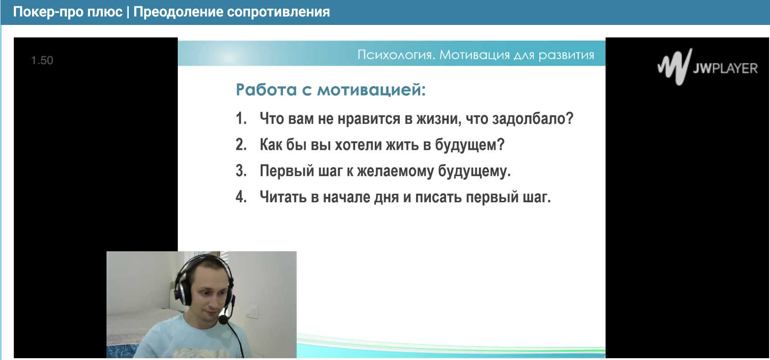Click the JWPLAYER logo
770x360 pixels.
click(708, 67)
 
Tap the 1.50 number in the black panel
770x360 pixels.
click(42, 61)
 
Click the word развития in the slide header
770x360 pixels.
click(566, 55)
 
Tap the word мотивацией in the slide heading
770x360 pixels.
click(371, 90)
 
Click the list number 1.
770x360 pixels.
click(241, 119)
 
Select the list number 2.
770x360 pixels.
click(241, 145)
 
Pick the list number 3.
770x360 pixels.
click(241, 171)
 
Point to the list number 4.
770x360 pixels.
click(241, 196)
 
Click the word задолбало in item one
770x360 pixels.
click(532, 119)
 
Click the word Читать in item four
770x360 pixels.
click(283, 197)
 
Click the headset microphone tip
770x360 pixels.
click(224, 319)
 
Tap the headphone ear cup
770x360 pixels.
click(184, 291)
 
